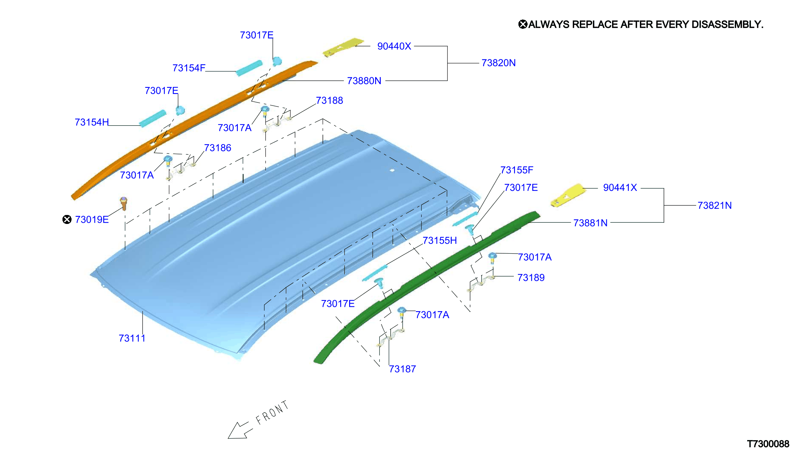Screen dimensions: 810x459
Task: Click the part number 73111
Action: pyautogui.click(x=132, y=338)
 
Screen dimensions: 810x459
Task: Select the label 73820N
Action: pyautogui.click(x=498, y=63)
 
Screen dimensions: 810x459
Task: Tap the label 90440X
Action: pyautogui.click(x=394, y=46)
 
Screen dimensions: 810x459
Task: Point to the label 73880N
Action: pyautogui.click(x=364, y=81)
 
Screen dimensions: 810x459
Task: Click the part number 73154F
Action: pyautogui.click(x=189, y=68)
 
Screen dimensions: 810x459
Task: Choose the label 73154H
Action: pyautogui.click(x=92, y=122)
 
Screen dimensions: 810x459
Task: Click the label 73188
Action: pyautogui.click(x=329, y=101)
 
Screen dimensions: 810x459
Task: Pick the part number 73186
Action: pyautogui.click(x=217, y=148)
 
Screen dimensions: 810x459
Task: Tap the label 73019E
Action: pyautogui.click(x=92, y=220)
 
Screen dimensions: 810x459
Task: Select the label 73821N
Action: pyautogui.click(x=714, y=206)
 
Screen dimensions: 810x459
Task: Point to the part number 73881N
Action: pyautogui.click(x=590, y=223)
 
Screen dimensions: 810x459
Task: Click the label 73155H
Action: pyautogui.click(x=439, y=241)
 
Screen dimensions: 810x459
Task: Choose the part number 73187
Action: pyautogui.click(x=402, y=369)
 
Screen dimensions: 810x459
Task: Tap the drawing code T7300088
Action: pyautogui.click(x=768, y=444)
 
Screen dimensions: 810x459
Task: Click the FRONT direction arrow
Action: pyautogui.click(x=240, y=430)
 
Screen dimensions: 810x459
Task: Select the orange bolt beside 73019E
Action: pyautogui.click(x=123, y=203)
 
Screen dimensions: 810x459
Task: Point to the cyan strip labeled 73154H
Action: pyautogui.click(x=152, y=118)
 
